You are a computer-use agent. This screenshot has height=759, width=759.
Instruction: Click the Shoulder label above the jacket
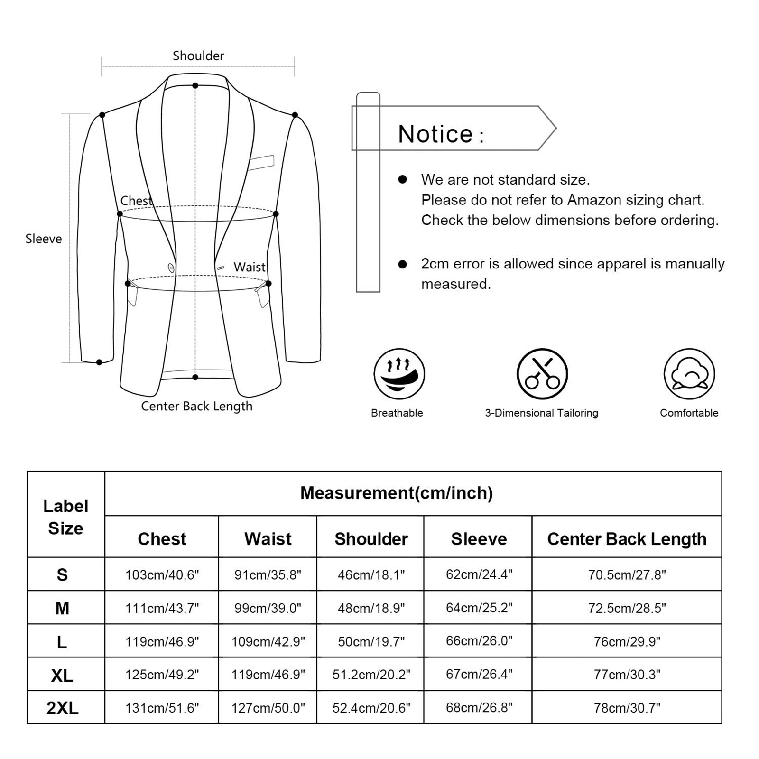click(198, 56)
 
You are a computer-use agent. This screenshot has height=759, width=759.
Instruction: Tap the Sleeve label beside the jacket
click(44, 239)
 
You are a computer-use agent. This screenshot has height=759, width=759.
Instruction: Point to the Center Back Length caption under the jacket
click(197, 406)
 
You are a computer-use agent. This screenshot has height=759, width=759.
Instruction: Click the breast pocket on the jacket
click(260, 162)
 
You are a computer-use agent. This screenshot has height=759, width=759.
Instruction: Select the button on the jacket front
click(171, 268)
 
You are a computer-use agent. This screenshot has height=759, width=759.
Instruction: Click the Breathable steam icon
click(399, 374)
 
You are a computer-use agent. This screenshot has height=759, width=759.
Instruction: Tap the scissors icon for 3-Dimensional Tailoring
click(542, 374)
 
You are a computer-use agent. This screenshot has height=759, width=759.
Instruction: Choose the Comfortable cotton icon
click(689, 374)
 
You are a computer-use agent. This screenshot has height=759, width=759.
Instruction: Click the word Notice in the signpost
click(435, 134)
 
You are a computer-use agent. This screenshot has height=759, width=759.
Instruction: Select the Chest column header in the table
click(162, 539)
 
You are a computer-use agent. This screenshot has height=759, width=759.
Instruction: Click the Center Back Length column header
click(627, 539)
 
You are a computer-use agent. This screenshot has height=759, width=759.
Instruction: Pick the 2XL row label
click(62, 708)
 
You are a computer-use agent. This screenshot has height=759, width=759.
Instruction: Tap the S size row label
click(62, 575)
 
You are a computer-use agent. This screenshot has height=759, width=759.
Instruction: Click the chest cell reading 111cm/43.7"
click(162, 608)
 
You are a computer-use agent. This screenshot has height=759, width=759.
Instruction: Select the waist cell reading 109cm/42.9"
click(268, 641)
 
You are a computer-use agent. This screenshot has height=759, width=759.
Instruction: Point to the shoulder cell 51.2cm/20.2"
click(371, 675)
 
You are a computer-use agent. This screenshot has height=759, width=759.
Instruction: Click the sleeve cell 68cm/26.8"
click(479, 708)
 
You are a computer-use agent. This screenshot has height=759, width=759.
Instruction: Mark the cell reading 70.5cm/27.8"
click(627, 575)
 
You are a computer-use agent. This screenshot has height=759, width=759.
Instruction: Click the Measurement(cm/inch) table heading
click(397, 493)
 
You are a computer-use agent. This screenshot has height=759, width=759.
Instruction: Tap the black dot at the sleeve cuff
click(99, 362)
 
